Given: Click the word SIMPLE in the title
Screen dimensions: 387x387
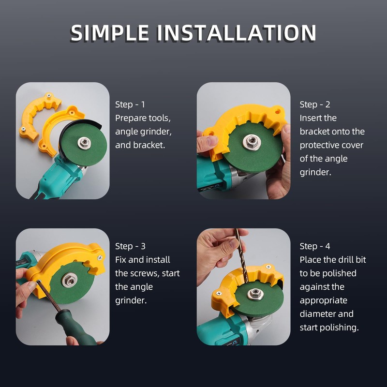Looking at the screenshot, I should (109, 33).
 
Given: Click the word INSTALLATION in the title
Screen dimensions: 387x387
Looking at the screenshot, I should (237, 33).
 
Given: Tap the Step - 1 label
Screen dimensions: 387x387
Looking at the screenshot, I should (130, 104).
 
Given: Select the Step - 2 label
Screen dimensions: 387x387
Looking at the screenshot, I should (314, 104).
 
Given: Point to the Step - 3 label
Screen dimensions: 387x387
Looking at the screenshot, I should (130, 246).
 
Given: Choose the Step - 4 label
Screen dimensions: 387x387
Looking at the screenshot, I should (314, 246).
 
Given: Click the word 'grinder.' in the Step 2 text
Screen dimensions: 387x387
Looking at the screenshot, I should (315, 172).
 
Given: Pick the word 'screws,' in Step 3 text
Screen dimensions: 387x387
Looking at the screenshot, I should (145, 273).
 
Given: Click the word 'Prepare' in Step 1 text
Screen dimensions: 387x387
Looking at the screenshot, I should (130, 118).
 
